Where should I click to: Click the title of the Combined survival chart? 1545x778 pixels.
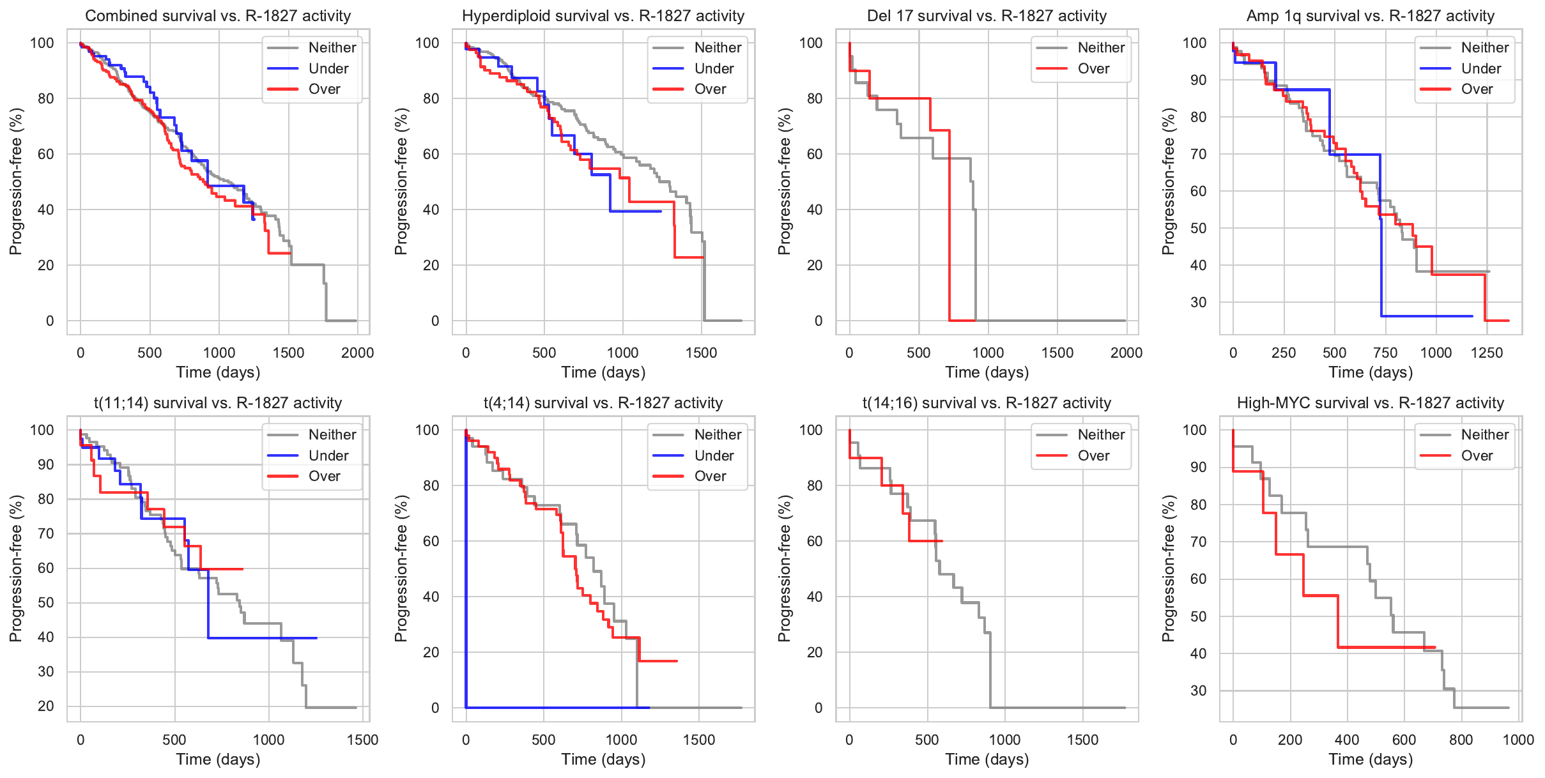tap(218, 16)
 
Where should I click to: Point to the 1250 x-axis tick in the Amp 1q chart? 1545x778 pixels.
tap(1487, 353)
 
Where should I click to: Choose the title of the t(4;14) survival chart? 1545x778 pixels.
tap(603, 403)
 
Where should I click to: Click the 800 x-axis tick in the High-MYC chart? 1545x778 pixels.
tap(1461, 740)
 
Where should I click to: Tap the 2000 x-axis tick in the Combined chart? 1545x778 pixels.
tap(357, 353)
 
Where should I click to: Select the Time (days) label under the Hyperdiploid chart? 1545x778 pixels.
tap(603, 372)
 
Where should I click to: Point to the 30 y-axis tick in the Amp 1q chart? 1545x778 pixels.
tap(1198, 302)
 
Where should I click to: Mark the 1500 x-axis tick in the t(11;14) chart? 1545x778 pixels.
tap(362, 740)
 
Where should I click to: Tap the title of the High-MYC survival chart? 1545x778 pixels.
tap(1370, 403)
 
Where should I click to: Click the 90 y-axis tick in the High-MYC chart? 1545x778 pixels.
tap(1198, 467)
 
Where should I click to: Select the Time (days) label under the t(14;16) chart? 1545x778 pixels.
tap(987, 759)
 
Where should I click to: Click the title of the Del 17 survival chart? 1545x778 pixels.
tap(987, 16)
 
